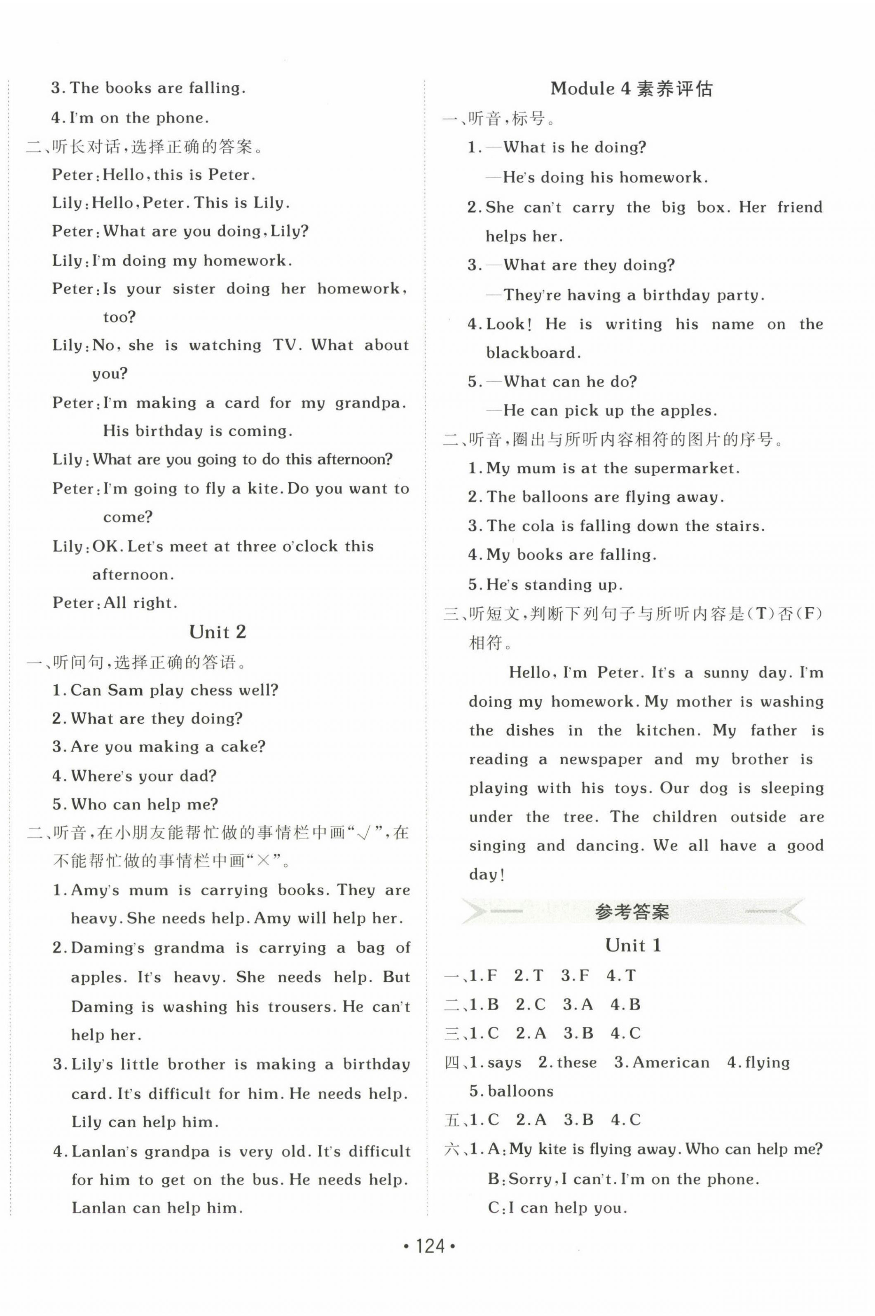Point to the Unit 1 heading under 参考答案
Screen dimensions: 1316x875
633,946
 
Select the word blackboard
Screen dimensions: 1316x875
533,353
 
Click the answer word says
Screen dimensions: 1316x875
505,1063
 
